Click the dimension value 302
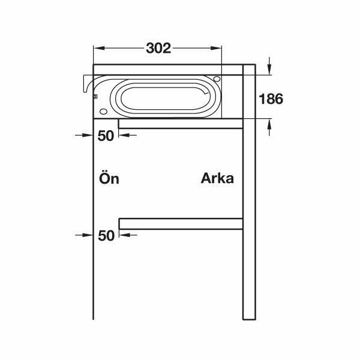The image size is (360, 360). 158,48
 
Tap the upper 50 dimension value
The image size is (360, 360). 106,136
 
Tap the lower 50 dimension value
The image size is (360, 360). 106,235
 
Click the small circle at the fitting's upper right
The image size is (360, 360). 216,79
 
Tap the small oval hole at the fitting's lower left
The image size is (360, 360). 103,112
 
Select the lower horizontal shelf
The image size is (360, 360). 180,224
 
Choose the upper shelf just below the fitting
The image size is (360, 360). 180,124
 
